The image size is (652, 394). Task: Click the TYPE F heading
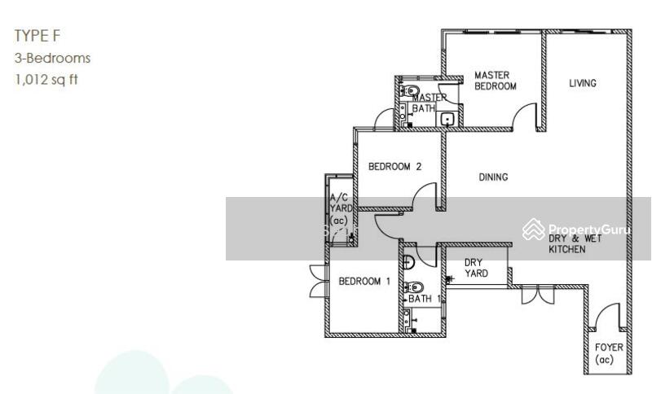click(x=37, y=36)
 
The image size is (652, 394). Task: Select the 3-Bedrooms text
click(x=52, y=58)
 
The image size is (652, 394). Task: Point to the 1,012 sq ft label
click(x=46, y=79)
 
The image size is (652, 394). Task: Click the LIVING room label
click(x=583, y=83)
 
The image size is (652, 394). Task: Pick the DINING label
click(x=493, y=177)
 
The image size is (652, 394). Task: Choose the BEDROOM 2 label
click(x=394, y=167)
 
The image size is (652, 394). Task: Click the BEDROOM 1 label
click(x=364, y=282)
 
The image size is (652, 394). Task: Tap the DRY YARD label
click(x=476, y=268)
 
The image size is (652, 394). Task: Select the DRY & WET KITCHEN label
click(x=575, y=243)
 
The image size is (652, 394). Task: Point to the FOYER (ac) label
click(x=609, y=353)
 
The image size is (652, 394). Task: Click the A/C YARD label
click(x=341, y=208)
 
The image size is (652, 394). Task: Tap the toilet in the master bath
click(x=410, y=90)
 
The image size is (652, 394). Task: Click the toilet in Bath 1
click(x=413, y=287)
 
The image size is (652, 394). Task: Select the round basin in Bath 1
click(x=409, y=262)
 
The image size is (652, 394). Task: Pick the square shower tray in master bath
click(x=447, y=120)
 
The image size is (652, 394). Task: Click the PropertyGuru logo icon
click(x=534, y=230)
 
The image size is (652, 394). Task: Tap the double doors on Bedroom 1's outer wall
click(x=319, y=280)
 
